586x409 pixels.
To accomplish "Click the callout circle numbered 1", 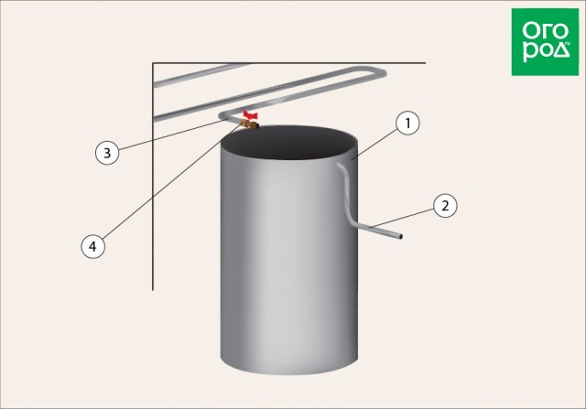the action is coord(407,123).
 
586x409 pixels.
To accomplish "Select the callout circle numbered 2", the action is coord(445,206).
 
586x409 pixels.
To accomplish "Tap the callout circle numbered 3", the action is coord(107,153).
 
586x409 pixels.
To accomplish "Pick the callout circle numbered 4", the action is coord(93,246).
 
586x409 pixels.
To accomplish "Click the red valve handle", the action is coord(250,114).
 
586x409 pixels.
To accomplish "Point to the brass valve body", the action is coord(250,124).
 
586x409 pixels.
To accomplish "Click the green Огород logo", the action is coord(545,42).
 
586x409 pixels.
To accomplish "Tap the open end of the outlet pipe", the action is coord(400,237).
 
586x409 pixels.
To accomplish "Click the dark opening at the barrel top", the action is coord(288,143).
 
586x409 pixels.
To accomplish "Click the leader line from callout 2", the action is coord(402,218).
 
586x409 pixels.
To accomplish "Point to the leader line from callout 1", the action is coord(376,143).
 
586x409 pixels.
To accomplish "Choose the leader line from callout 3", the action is coord(168,135).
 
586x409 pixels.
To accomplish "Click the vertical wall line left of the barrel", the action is coord(153,177).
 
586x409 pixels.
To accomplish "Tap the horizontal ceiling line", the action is coord(289,63).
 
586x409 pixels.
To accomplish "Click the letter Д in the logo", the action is coord(561,50).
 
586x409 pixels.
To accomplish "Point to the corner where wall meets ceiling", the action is coord(153,63).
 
